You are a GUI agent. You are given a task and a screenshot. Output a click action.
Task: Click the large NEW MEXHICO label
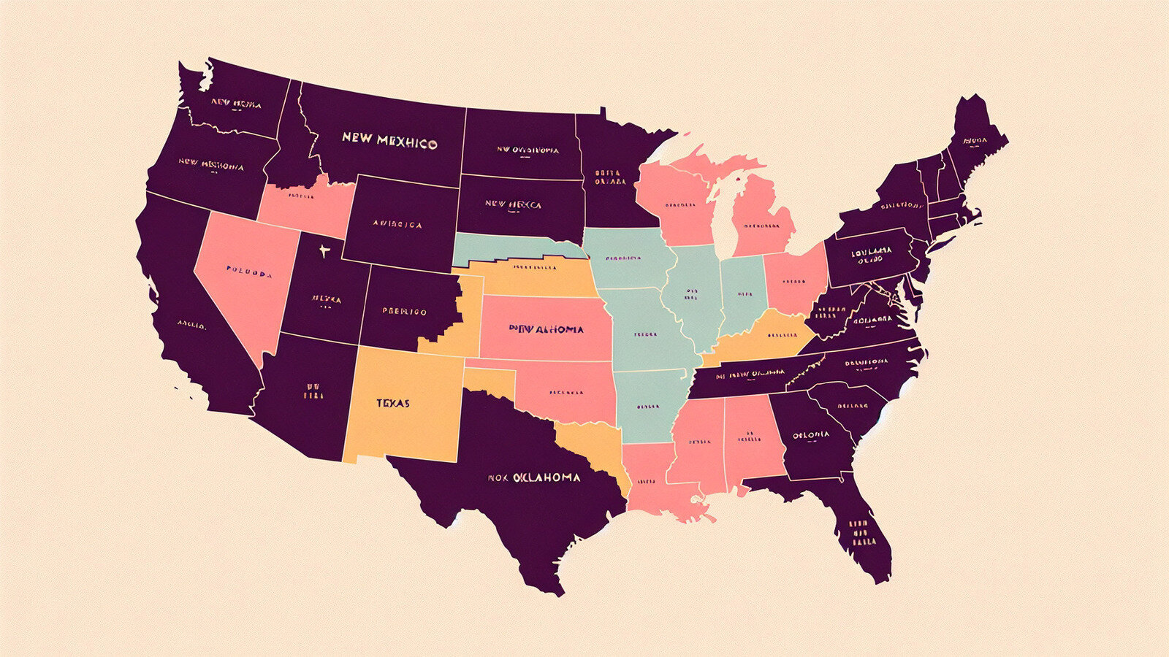[389, 140]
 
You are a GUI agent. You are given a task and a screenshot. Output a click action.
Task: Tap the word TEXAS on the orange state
[393, 403]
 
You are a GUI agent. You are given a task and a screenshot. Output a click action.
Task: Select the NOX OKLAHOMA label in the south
[534, 477]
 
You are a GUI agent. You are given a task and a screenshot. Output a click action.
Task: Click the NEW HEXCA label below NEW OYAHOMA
[514, 205]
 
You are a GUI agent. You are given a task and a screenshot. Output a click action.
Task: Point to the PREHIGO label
[404, 312]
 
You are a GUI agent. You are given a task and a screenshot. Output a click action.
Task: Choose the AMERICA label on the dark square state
[397, 224]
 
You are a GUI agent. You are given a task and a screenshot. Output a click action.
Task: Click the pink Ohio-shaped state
[794, 281]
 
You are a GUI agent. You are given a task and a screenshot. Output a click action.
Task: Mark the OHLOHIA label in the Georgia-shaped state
[811, 434]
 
